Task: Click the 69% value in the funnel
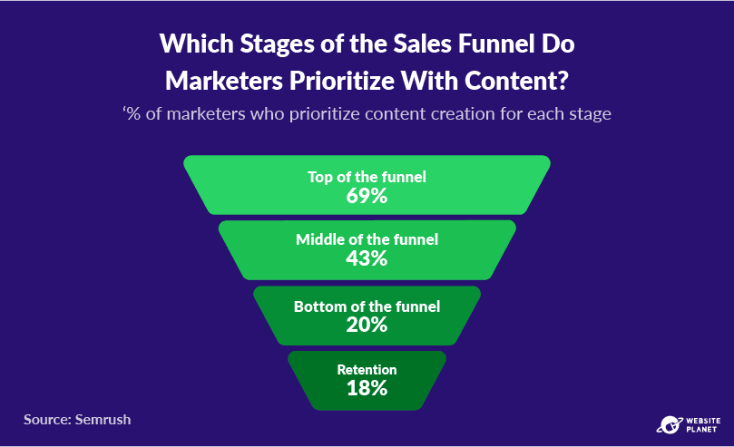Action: tap(367, 196)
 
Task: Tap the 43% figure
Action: tap(367, 258)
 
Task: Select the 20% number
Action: tap(367, 325)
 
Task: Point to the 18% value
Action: tap(367, 388)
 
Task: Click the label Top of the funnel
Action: tap(367, 177)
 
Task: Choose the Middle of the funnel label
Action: tap(367, 239)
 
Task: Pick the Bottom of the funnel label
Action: tap(367, 306)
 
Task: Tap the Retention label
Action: tap(367, 370)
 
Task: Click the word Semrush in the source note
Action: tap(103, 420)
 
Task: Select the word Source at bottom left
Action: tap(47, 420)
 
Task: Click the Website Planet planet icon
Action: tap(670, 425)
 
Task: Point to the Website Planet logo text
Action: tap(703, 425)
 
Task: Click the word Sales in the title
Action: tap(422, 44)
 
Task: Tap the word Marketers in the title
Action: tap(224, 81)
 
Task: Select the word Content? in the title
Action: tap(516, 81)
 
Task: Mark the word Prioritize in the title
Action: tap(342, 82)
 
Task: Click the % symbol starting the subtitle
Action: tap(133, 114)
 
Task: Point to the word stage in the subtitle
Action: tap(590, 115)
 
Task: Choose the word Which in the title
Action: tap(197, 44)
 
